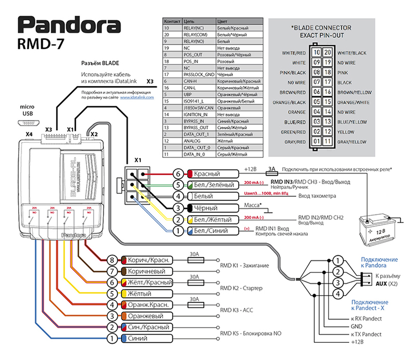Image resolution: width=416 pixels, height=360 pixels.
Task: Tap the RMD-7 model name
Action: (x=47, y=46)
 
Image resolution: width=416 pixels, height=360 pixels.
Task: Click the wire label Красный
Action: (x=211, y=173)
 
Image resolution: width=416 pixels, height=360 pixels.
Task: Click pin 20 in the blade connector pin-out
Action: (x=327, y=52)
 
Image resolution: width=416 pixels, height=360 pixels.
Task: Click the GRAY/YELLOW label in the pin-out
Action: (x=350, y=141)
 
